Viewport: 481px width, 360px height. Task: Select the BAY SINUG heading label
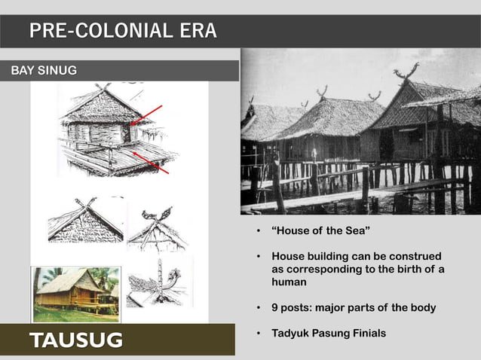click(x=44, y=71)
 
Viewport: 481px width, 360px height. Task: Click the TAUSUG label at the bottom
click(x=76, y=340)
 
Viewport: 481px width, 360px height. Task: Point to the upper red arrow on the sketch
click(x=148, y=114)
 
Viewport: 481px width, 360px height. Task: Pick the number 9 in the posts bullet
click(x=275, y=307)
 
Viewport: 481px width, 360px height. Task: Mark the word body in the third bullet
click(x=421, y=307)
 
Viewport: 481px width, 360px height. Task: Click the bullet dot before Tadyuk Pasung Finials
click(x=258, y=332)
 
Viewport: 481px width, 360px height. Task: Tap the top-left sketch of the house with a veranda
click(x=113, y=132)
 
